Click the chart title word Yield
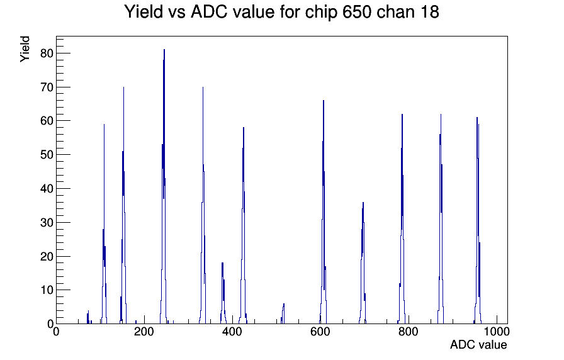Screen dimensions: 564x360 coord(143,12)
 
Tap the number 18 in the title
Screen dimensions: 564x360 coord(429,12)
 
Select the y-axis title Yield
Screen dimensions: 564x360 coord(25,49)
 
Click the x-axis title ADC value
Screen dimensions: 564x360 coord(478,344)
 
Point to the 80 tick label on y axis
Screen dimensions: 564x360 coord(47,53)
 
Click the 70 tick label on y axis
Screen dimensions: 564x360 coord(47,87)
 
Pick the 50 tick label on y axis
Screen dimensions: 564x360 coord(47,155)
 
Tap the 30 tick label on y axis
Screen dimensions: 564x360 coord(47,223)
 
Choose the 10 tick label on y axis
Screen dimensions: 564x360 coord(47,290)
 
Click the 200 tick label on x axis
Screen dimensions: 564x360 coord(144,332)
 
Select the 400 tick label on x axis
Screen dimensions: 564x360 coord(232,332)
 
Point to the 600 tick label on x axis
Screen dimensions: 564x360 coord(320,332)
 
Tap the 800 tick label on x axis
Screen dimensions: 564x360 coord(409,332)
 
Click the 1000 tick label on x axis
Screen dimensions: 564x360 coord(497,332)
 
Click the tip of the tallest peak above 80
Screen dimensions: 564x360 coord(164,50)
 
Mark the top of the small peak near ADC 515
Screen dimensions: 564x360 coord(284,304)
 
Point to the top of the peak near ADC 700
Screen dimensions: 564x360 coord(363,203)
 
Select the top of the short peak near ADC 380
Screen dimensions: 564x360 coord(223,263)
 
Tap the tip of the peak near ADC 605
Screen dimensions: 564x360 coord(324,100)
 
